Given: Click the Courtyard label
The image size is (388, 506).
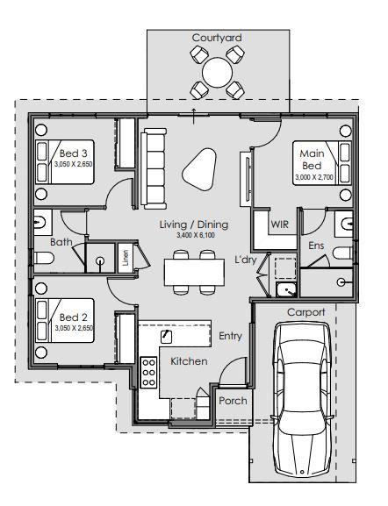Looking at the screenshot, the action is [x=217, y=38].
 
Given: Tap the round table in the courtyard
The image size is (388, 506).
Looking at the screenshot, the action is [x=218, y=72].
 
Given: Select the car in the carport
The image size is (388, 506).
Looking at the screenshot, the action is [x=302, y=401].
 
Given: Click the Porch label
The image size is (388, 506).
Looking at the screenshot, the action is [x=233, y=401].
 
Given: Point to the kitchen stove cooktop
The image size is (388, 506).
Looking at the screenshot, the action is [x=148, y=373].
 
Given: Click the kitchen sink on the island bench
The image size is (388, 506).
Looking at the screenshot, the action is [x=166, y=337].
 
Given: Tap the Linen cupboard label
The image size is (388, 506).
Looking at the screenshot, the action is [x=126, y=258].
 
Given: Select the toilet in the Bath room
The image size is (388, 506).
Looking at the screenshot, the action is [x=44, y=258].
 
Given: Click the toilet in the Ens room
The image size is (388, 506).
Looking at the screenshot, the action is [x=342, y=253].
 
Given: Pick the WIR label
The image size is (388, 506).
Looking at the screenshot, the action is [x=279, y=224].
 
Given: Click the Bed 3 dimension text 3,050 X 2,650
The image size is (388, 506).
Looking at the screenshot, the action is [x=74, y=164].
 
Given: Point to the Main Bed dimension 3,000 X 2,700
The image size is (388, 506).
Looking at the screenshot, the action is [x=314, y=177].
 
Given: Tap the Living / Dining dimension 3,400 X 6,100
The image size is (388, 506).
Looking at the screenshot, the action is [x=196, y=235].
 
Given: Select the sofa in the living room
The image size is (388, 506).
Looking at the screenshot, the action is [x=154, y=168].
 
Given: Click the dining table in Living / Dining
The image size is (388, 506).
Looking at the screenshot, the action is [x=194, y=272].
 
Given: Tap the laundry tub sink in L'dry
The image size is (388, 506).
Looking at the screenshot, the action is [x=286, y=289].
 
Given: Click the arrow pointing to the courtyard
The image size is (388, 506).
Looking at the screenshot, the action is [x=193, y=116].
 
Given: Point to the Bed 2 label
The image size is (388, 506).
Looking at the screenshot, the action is [x=74, y=317].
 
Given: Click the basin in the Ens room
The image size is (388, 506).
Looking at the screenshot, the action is [x=344, y=224].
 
